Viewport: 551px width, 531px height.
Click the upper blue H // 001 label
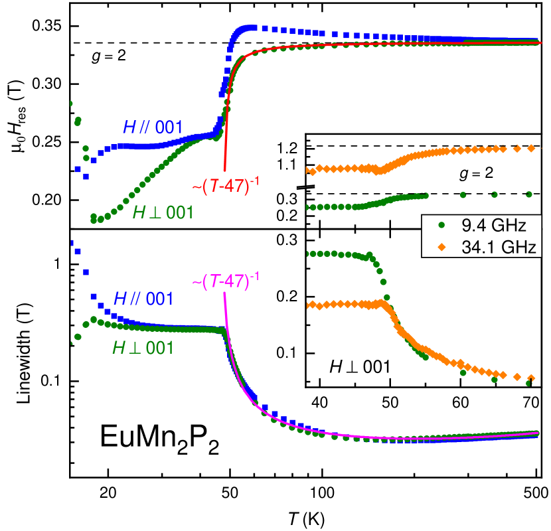tap(153, 127)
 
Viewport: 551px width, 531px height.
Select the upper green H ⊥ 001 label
tap(163, 212)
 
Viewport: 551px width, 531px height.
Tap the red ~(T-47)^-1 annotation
tap(225, 185)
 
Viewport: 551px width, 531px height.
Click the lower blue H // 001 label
tap(143, 299)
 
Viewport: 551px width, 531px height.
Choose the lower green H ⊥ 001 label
tap(143, 347)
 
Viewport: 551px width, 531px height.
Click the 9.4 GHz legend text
tap(493, 226)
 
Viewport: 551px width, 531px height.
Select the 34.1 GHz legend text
tap(498, 248)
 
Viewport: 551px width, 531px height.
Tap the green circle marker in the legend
tap(441, 226)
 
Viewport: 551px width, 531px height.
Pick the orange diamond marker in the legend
tap(441, 248)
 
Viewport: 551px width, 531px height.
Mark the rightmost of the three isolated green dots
tap(528, 194)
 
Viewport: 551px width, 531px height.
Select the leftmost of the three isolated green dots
tap(463, 194)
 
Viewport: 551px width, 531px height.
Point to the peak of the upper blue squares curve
tap(249, 28)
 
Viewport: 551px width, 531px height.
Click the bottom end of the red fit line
tap(225, 171)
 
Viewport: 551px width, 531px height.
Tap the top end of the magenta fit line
tap(225, 294)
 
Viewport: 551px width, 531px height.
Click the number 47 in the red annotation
tap(233, 187)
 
